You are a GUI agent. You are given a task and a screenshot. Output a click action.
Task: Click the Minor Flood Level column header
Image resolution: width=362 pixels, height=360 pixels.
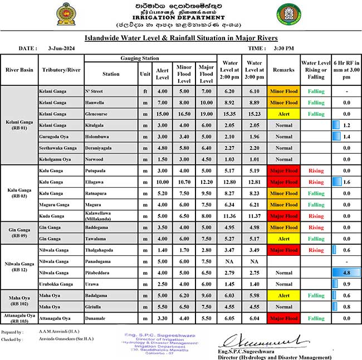coord(184,73)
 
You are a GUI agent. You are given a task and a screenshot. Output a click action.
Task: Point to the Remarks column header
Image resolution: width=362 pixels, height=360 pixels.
coord(283,71)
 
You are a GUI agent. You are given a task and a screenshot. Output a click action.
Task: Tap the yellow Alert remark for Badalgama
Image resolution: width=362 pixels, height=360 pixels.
coord(283,295)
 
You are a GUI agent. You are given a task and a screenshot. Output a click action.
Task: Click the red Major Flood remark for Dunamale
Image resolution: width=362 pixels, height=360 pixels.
coord(283,318)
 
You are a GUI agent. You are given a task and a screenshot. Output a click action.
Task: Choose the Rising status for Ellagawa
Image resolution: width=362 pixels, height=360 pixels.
coord(316,182)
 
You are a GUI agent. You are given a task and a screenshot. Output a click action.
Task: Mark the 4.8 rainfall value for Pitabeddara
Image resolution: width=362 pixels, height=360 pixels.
coord(346,273)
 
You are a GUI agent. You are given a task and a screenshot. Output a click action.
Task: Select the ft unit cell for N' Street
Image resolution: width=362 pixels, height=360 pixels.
coord(145,91)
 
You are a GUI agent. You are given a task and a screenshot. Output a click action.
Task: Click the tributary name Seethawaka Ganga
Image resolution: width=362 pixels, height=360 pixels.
coord(58,148)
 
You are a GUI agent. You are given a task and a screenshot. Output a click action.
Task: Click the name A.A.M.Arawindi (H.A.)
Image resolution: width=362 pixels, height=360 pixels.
coord(57,332)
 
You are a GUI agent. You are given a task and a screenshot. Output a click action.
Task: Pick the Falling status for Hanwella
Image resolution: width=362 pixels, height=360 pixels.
coord(316,103)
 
